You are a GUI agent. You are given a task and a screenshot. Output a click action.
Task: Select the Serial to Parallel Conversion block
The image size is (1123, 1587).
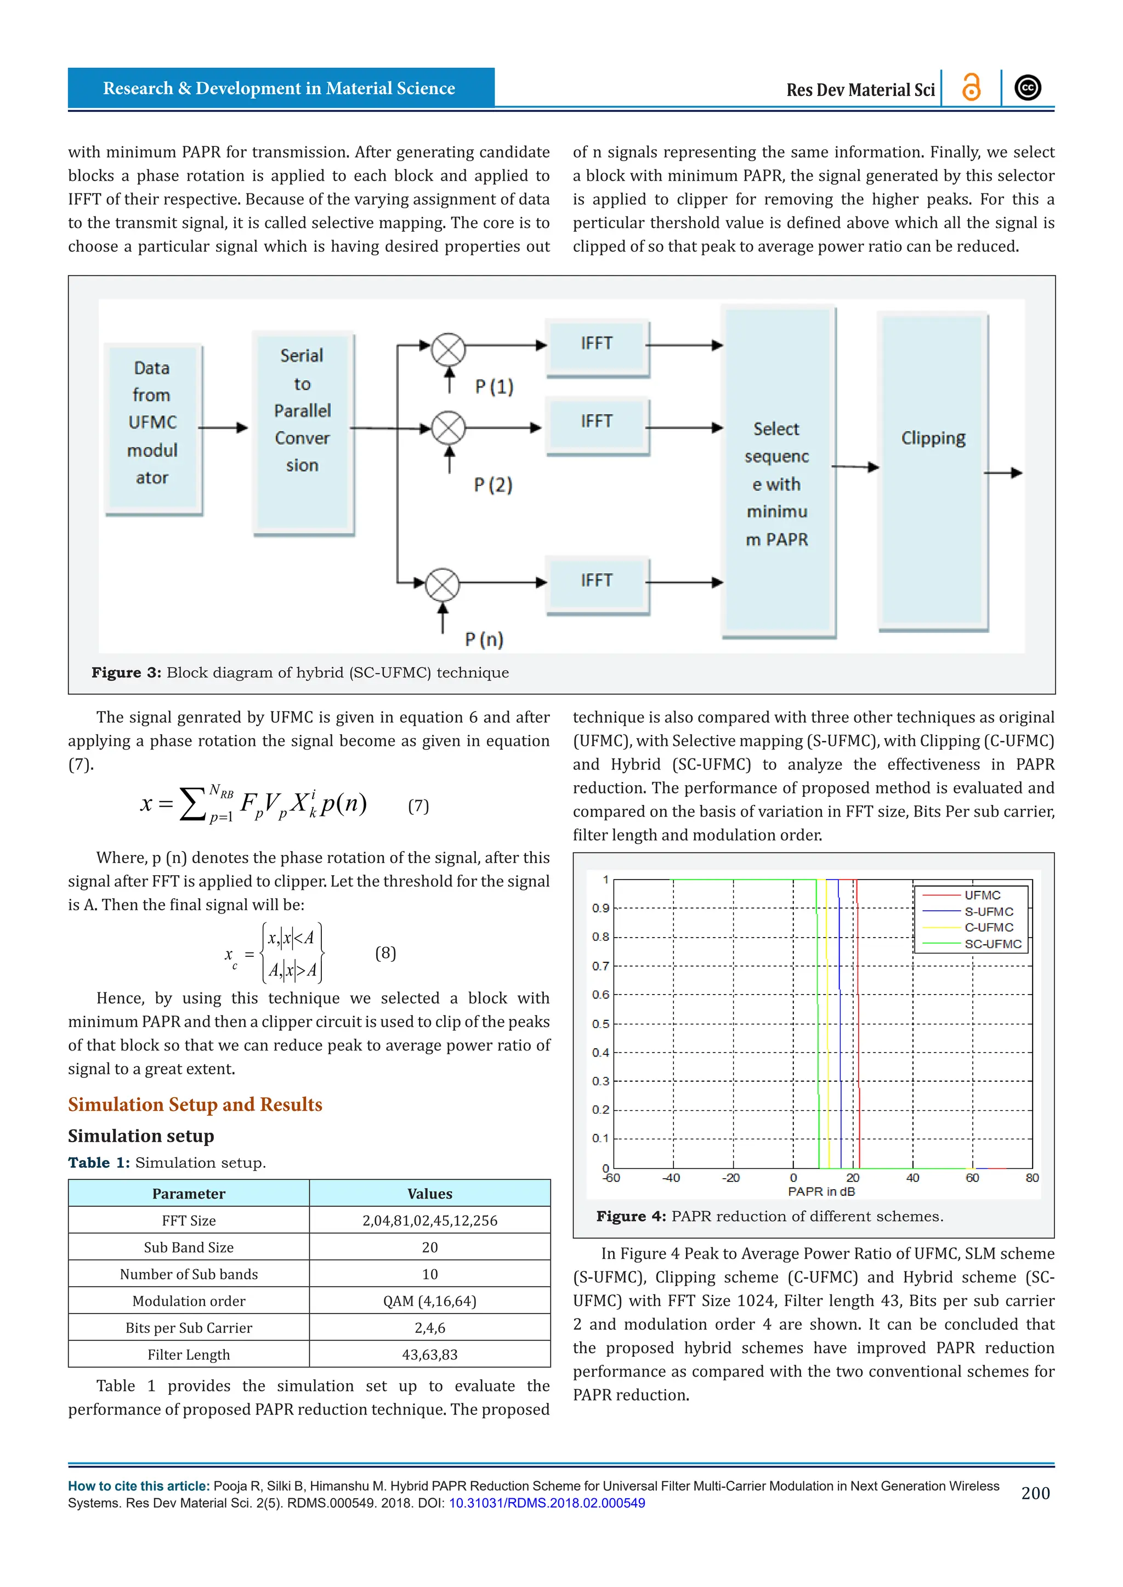click(303, 432)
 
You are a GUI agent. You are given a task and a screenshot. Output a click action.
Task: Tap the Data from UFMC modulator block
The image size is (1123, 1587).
click(153, 429)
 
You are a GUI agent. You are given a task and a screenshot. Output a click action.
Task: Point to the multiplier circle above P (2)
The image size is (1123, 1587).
click(448, 428)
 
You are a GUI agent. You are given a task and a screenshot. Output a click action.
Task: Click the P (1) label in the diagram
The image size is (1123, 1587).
click(494, 387)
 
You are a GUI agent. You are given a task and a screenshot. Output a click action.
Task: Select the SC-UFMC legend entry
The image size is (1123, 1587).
click(992, 944)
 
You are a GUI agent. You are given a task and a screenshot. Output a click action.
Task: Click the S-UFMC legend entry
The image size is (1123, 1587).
click(989, 912)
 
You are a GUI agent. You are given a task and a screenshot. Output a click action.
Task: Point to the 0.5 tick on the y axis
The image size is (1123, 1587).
click(600, 1024)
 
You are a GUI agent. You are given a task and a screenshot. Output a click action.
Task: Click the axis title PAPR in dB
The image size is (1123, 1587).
click(821, 1192)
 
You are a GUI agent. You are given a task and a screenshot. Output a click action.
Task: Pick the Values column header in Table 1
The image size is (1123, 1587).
click(429, 1194)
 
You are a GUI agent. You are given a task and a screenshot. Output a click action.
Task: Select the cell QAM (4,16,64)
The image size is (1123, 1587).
click(429, 1301)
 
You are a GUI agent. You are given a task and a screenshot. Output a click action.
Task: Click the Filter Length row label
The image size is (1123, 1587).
click(188, 1355)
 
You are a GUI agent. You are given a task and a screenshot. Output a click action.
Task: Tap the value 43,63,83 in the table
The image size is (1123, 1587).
click(429, 1355)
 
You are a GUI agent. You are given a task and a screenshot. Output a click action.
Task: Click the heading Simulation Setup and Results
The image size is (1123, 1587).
click(195, 1105)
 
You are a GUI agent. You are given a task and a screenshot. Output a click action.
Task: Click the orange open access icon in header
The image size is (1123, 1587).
click(971, 88)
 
